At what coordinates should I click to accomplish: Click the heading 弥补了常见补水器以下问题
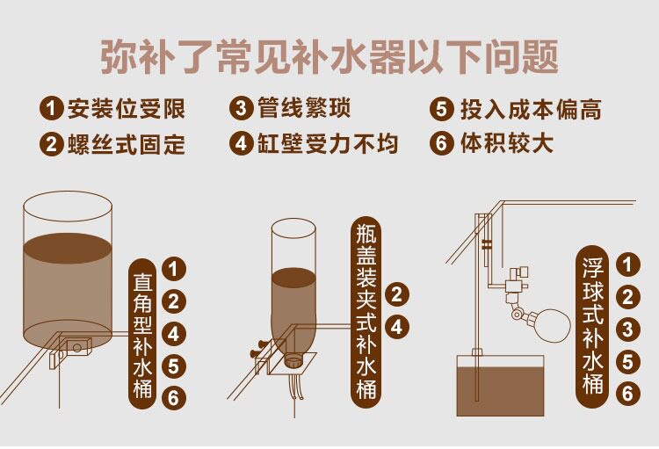coord(329,57)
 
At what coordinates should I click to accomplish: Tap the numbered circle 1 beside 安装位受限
coord(51,109)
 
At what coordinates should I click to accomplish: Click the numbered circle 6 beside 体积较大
coord(442,143)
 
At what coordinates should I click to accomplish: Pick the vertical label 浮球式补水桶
coord(591,324)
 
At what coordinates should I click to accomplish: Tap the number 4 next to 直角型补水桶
coord(175,334)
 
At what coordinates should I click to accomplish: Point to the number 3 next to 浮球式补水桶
coord(626,330)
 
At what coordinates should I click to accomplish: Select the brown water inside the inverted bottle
coord(293,303)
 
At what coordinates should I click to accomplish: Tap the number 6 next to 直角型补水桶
coord(175,398)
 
